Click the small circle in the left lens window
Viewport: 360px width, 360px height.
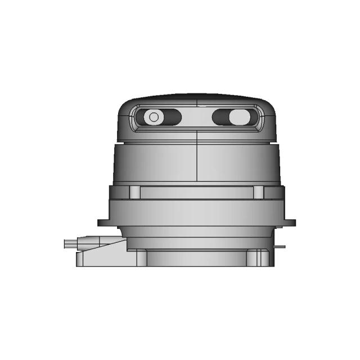click(152, 117)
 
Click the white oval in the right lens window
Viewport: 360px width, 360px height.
click(238, 117)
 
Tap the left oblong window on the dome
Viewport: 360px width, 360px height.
click(159, 117)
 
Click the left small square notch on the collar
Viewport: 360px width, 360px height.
click(134, 192)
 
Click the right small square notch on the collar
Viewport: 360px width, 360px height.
click(259, 192)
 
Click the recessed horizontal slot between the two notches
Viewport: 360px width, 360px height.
click(197, 192)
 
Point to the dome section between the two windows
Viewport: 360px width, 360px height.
click(197, 118)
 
